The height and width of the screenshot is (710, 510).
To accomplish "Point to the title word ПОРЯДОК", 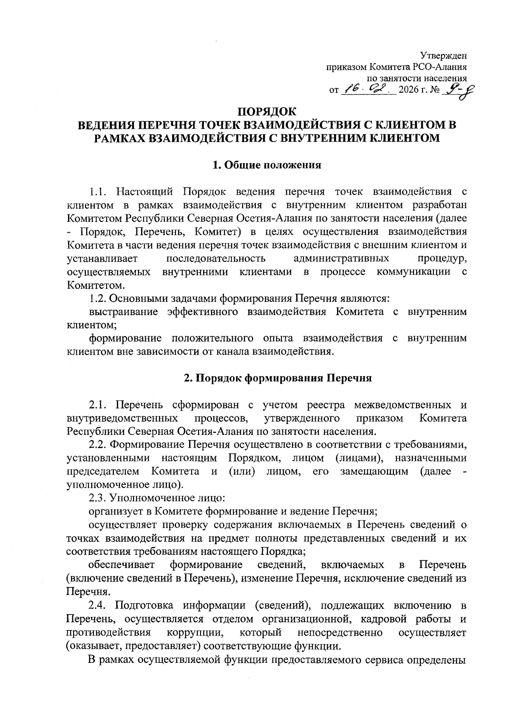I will tap(267, 112).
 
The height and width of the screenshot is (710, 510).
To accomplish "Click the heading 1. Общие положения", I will tap(267, 165).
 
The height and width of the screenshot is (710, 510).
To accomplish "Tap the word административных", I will tap(341, 258).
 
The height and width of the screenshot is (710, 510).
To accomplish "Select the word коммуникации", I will tap(413, 272).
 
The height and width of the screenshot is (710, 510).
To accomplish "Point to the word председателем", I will tap(103, 471).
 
